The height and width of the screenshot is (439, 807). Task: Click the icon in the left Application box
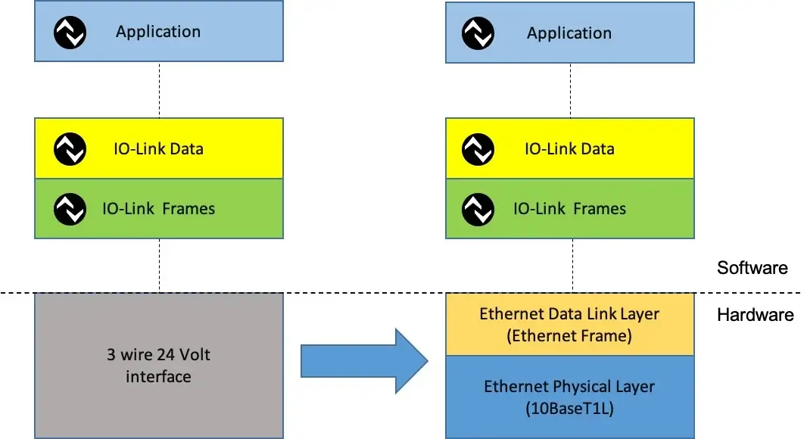[70, 32]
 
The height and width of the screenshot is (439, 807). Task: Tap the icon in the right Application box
[478, 33]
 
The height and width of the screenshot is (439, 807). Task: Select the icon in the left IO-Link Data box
[70, 148]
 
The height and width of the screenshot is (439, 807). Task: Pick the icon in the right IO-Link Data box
[478, 148]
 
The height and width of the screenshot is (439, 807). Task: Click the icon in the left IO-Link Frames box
[70, 209]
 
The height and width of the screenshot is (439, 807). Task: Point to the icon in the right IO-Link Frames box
[478, 209]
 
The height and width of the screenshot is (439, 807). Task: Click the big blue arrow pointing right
[363, 361]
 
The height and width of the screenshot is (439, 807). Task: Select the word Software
[752, 268]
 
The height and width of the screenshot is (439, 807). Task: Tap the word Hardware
[755, 315]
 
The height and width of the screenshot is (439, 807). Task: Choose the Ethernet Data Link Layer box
[569, 325]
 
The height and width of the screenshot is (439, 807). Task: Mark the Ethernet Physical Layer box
[569, 397]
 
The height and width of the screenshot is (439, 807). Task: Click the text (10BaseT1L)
[569, 409]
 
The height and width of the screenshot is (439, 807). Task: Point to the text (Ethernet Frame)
[569, 336]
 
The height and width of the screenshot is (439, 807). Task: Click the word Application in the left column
[158, 32]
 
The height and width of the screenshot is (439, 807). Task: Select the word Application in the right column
[569, 33]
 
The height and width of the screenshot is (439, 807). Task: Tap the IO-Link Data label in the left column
[158, 148]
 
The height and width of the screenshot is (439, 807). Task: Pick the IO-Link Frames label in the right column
[569, 209]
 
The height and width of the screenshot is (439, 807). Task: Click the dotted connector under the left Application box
[159, 89]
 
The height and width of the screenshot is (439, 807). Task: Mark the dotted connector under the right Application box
[571, 90]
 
